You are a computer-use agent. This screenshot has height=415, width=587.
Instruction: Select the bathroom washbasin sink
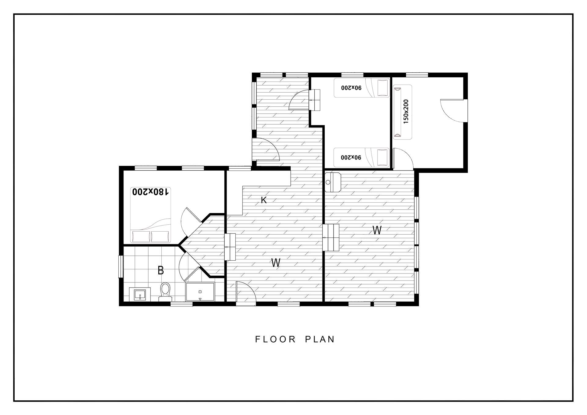click(140, 294)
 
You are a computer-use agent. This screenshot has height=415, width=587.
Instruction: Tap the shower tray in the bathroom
click(200, 292)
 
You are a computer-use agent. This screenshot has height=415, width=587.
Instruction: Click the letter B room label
click(161, 270)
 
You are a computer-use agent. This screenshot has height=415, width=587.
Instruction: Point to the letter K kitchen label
click(264, 200)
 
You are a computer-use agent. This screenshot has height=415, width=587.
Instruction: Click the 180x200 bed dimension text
click(150, 192)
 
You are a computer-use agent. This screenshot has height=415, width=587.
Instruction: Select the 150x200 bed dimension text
click(406, 112)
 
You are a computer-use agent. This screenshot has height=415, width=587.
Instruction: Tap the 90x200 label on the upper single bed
click(351, 88)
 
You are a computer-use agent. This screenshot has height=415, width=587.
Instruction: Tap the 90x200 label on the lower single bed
click(351, 157)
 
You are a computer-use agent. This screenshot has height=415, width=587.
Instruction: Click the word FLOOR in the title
click(276, 340)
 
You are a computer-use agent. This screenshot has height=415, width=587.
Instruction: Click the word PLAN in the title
click(320, 340)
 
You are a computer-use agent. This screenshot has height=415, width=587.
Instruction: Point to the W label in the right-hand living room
click(377, 230)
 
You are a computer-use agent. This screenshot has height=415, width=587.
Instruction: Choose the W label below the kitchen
click(276, 263)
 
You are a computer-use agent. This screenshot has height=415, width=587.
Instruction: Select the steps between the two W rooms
click(331, 237)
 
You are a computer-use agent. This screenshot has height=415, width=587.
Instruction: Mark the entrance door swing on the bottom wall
click(246, 293)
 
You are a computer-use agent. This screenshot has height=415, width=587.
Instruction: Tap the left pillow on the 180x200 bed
click(141, 236)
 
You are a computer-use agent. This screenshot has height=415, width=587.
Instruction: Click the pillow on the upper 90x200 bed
click(382, 88)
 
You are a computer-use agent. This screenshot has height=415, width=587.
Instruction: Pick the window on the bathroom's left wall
click(121, 266)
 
